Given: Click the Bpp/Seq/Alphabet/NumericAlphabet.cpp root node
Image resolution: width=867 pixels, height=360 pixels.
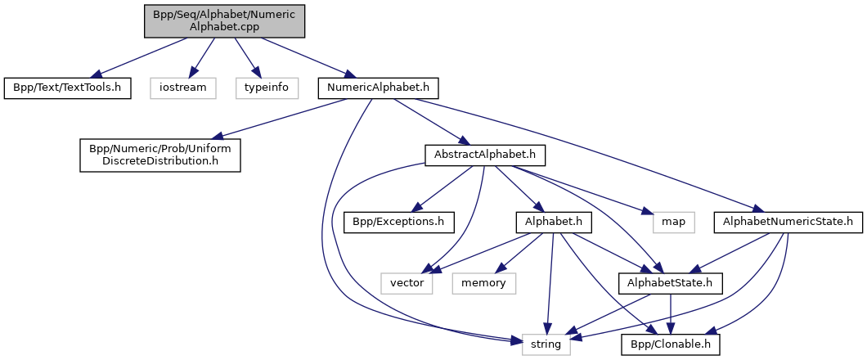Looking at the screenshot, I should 225,20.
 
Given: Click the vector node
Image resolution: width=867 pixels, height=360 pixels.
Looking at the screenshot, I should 406,282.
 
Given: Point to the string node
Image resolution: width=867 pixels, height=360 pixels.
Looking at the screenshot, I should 546,344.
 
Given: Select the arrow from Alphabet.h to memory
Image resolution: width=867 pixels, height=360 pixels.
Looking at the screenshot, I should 519,251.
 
